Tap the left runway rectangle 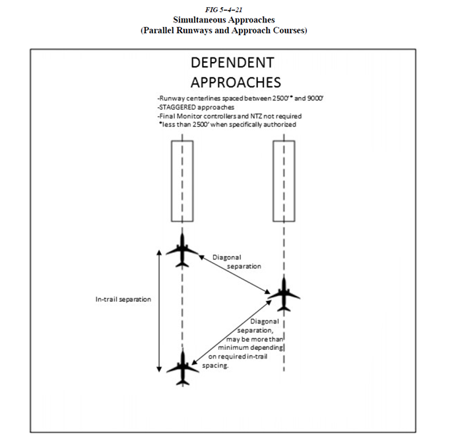182,180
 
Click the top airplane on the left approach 182,249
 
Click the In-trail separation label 123,299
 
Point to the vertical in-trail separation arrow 159,310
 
